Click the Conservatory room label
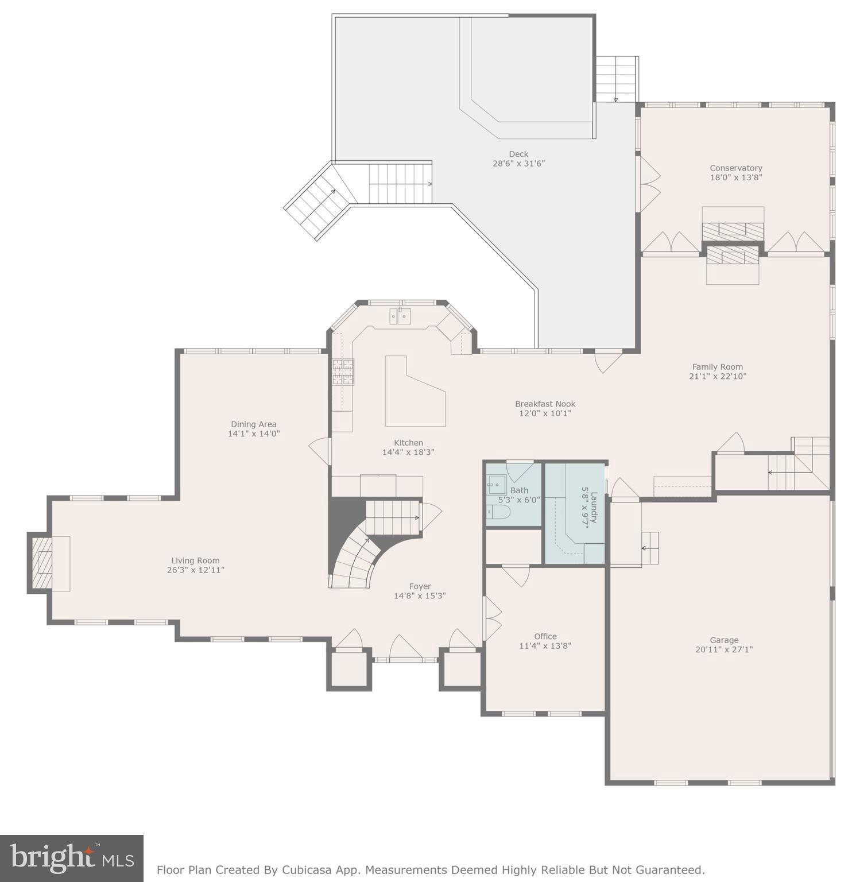[x=735, y=168]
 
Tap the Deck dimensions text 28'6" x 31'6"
[x=518, y=164]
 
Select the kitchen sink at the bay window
[x=400, y=316]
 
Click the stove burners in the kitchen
[x=343, y=372]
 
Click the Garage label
[x=724, y=640]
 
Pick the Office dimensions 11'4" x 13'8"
[x=545, y=646]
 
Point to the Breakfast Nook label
[x=545, y=404]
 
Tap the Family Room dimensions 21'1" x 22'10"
[x=718, y=377]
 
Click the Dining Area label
[x=253, y=424]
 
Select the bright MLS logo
[x=72, y=858]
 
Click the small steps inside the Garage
[x=650, y=548]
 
